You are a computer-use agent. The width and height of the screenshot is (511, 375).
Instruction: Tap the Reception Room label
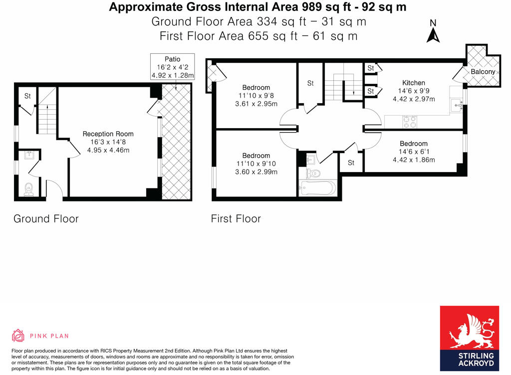pos(108,134)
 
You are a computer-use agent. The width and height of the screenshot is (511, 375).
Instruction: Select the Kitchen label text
pos(414,83)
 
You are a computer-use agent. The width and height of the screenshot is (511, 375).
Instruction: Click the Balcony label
pos(483,72)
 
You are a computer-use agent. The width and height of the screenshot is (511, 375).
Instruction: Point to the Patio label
pos(172,59)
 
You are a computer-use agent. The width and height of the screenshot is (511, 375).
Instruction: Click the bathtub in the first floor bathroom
pos(317,188)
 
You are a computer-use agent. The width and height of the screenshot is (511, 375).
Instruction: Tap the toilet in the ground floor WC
pos(28,189)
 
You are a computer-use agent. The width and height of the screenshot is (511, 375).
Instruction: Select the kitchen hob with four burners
pos(410,121)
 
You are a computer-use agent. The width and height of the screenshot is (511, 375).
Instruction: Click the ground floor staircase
pos(47,110)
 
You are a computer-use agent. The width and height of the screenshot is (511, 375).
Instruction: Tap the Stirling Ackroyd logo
pos(469,338)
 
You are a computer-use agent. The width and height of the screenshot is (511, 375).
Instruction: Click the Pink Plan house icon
pos(18,335)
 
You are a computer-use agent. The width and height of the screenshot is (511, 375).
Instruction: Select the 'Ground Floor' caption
pos(46,219)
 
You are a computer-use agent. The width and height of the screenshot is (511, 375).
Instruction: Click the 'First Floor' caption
pos(236,219)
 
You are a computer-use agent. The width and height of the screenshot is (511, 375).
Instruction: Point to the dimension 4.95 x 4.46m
pos(108,150)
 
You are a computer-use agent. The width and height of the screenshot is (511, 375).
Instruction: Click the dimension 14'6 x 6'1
pos(414,152)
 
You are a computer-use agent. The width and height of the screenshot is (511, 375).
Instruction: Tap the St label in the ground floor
pos(27,96)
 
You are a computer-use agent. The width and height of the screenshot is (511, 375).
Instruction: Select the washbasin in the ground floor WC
pos(29,155)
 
